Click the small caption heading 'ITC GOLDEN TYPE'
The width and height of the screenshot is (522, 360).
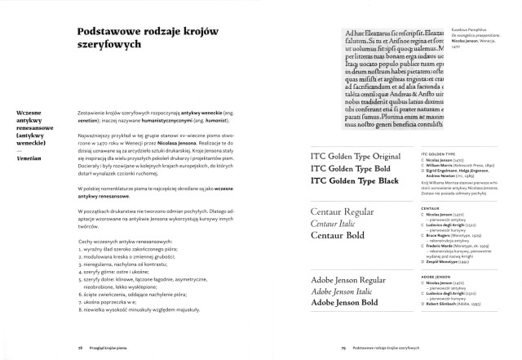coord(437,153)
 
